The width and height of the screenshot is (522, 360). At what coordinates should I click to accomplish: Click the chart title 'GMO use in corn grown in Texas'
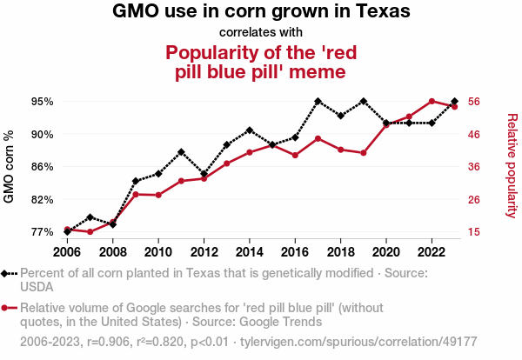(261, 12)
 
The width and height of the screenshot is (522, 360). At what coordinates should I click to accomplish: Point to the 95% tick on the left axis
(42, 101)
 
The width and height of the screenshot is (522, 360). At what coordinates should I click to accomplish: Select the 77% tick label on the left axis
(42, 232)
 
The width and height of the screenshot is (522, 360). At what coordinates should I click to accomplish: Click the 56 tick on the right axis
(476, 101)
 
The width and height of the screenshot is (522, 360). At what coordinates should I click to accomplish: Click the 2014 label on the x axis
(250, 252)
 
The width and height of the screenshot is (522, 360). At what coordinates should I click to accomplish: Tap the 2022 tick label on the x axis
(432, 252)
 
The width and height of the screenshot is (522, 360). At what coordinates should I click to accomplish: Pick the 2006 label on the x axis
(67, 252)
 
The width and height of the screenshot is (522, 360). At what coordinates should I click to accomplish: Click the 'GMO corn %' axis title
(10, 167)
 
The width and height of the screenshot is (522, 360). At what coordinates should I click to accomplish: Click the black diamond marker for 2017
(318, 102)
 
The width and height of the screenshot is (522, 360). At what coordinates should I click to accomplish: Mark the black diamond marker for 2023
(455, 102)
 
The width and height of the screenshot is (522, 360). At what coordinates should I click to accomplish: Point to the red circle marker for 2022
(432, 102)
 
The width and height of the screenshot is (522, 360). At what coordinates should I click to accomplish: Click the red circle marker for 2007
(90, 232)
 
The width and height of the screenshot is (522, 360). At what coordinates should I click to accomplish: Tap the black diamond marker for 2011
(181, 152)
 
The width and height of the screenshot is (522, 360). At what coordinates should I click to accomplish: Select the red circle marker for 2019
(364, 153)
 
